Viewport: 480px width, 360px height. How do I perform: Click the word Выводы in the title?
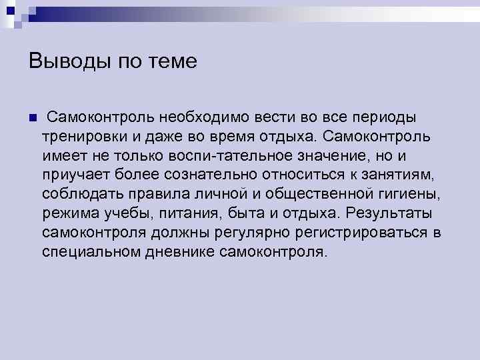coord(63,62)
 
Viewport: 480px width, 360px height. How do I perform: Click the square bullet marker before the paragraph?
coord(32,119)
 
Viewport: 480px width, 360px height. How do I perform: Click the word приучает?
coord(74,175)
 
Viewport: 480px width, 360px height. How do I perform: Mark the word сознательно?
coord(207,175)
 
